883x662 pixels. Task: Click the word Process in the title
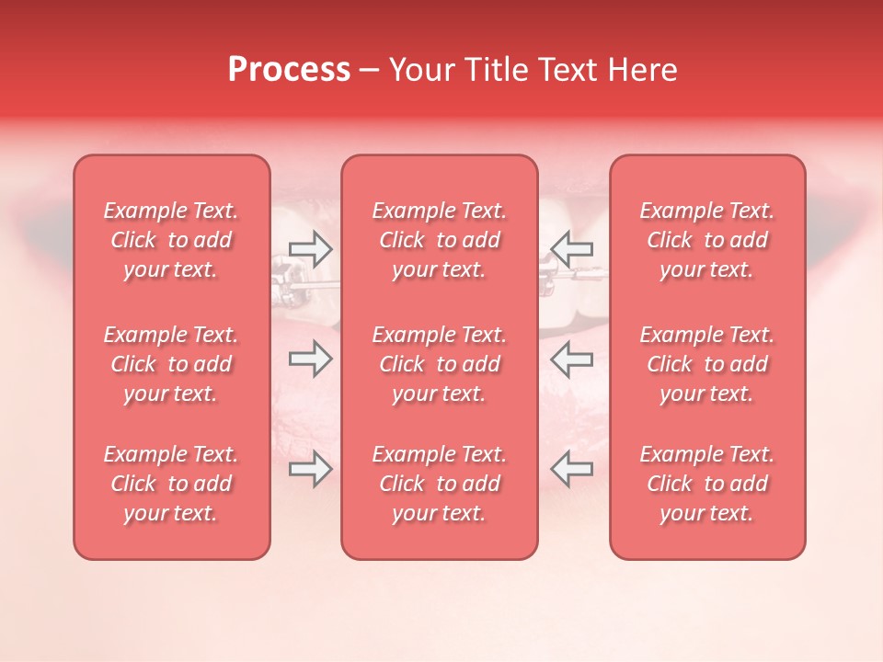(289, 70)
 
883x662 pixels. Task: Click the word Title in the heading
(495, 70)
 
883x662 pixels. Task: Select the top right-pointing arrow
(310, 247)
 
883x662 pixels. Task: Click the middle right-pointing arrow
(310, 359)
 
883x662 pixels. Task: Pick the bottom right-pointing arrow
(310, 469)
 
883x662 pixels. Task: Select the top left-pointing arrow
(572, 247)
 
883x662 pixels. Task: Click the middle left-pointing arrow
(572, 359)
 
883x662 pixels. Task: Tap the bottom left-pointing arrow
(572, 469)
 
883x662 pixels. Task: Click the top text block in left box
(171, 240)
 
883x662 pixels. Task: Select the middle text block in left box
(171, 364)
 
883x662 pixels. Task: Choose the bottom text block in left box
(171, 484)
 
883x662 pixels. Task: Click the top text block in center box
(440, 240)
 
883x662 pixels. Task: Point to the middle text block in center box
(440, 364)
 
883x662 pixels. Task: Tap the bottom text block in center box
(440, 484)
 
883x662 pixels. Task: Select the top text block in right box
(707, 240)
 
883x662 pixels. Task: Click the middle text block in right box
(707, 364)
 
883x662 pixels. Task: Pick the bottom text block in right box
(707, 484)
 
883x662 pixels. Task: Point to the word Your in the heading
(423, 70)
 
